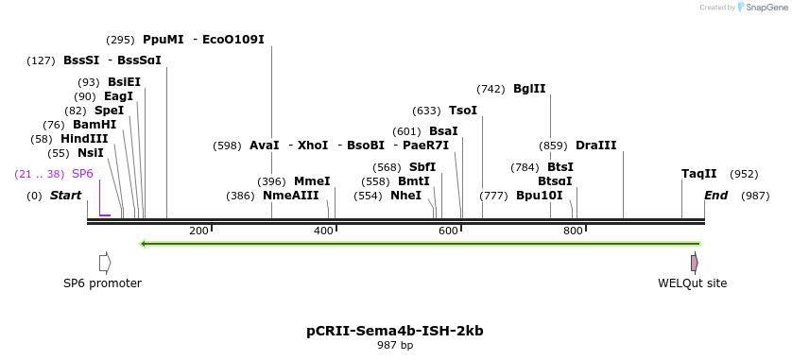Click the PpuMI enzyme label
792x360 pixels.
[163, 40]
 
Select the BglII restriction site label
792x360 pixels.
[529, 89]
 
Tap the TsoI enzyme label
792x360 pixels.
[462, 111]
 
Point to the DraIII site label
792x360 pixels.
[595, 146]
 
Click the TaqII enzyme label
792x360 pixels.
[699, 174]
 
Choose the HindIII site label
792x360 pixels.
[84, 139]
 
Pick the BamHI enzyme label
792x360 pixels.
[95, 125]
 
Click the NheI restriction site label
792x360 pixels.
[405, 196]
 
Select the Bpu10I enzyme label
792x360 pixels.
[539, 196]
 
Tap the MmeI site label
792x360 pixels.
[312, 181]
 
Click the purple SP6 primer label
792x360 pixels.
[82, 174]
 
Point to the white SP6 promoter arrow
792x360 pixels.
[105, 262]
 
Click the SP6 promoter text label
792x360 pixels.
[102, 283]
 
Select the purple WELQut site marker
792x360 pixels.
[695, 262]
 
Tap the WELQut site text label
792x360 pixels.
[693, 283]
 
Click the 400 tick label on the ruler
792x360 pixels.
[323, 231]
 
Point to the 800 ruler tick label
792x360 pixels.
[573, 231]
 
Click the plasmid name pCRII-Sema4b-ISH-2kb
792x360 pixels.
[395, 331]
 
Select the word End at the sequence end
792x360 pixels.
[715, 196]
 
